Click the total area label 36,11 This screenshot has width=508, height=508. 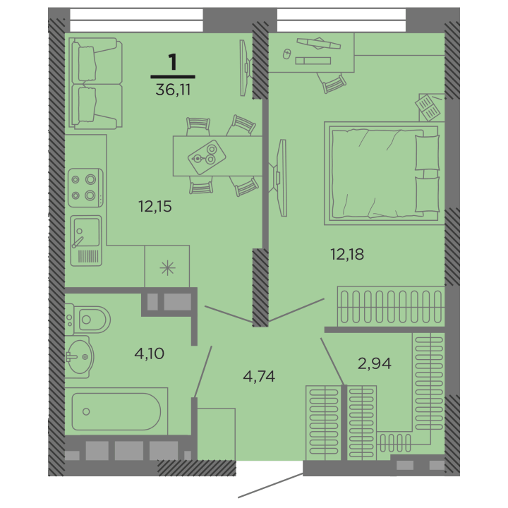click(173, 90)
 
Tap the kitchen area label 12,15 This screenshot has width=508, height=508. click(155, 206)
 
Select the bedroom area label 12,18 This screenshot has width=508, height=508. click(347, 254)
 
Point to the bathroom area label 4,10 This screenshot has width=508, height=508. click(150, 353)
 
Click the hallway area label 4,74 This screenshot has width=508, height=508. click(259, 377)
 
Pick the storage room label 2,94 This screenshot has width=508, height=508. click(375, 363)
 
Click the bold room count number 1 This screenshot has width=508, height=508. click(173, 62)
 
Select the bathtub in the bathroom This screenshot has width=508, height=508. click(116, 411)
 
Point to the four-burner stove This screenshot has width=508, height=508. click(85, 188)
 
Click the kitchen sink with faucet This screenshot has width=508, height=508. click(86, 241)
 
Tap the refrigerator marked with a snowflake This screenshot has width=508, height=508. click(167, 266)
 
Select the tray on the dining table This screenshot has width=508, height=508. click(207, 157)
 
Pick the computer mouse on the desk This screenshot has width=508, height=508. click(286, 54)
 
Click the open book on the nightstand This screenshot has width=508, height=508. click(428, 107)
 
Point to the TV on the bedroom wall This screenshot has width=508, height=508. click(279, 178)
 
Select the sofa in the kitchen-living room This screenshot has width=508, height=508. click(95, 83)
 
